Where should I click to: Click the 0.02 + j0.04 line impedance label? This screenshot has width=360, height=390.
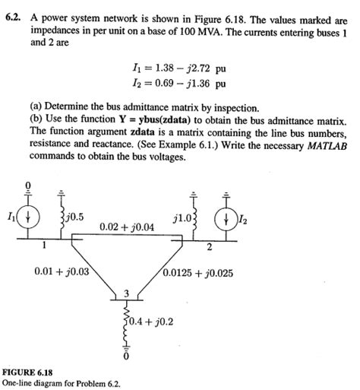point(127,227)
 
